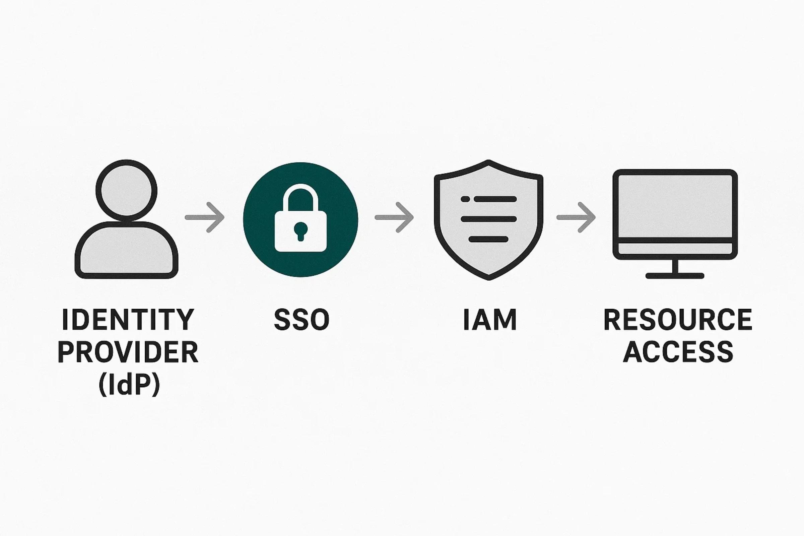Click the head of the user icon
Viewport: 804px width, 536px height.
coord(126,189)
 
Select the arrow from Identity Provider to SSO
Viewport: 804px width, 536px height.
coord(204,217)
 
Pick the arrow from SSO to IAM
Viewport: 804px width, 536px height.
coord(394,217)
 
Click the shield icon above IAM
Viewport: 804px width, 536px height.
coord(488,219)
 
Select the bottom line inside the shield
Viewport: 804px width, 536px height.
coord(488,239)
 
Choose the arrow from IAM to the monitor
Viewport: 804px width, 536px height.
coord(576,217)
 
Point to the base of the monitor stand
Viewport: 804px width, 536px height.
coord(675,275)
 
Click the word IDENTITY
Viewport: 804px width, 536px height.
coord(128,320)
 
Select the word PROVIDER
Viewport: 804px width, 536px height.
coord(128,352)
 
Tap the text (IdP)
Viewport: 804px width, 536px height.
coord(129,385)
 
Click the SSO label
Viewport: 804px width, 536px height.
coord(301,320)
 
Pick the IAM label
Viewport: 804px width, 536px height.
coord(489,320)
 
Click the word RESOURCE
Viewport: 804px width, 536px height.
coord(678,320)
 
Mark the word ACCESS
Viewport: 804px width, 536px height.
coord(678,352)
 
